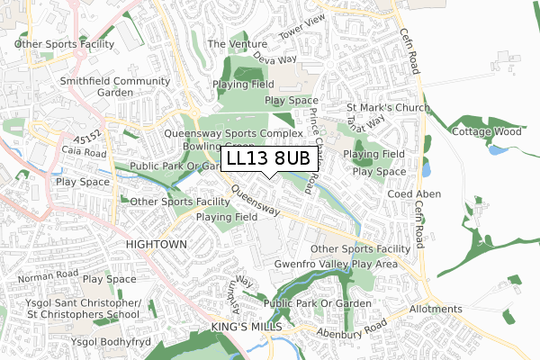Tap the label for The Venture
point(238,43)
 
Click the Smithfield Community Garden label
point(114,86)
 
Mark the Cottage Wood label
point(487,130)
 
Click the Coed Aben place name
point(411,194)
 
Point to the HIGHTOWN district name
point(157,244)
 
